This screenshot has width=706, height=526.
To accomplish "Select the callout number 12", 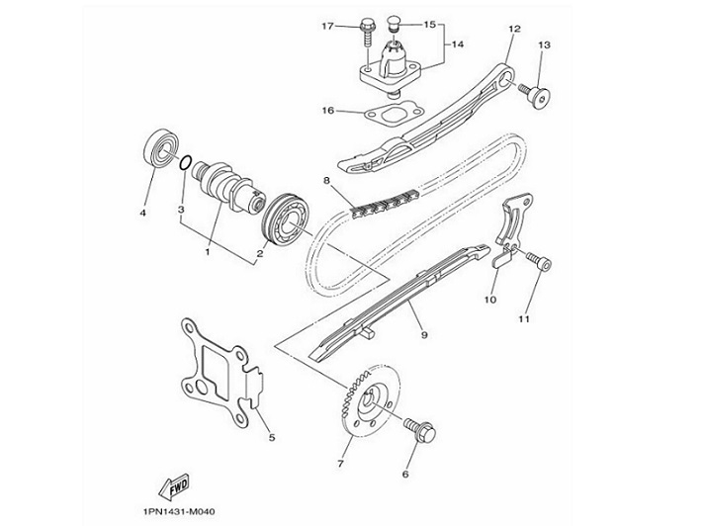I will pyautogui.click(x=513, y=29).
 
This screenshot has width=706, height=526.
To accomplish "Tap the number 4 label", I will pyautogui.click(x=142, y=213).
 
